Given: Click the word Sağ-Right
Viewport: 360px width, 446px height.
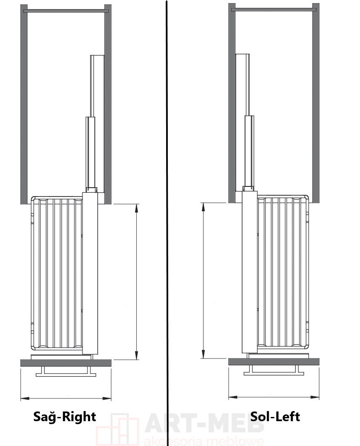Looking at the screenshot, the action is pyautogui.click(x=64, y=417).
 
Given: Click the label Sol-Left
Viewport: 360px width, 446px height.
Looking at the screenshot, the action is pyautogui.click(x=275, y=417).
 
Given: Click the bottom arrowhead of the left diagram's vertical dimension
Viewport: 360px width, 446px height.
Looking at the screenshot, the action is pyautogui.click(x=137, y=356).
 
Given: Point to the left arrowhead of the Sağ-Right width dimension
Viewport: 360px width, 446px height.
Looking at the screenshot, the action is pyautogui.click(x=25, y=398).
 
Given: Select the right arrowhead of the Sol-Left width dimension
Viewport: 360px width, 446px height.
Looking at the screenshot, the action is pyautogui.click(x=315, y=397).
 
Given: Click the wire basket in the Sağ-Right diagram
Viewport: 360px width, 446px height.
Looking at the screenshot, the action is pyautogui.click(x=57, y=273).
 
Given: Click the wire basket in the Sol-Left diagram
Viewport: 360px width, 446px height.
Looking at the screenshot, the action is pyautogui.click(x=283, y=272).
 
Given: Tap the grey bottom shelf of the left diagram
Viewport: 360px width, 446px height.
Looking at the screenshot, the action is pyautogui.click(x=66, y=363).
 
